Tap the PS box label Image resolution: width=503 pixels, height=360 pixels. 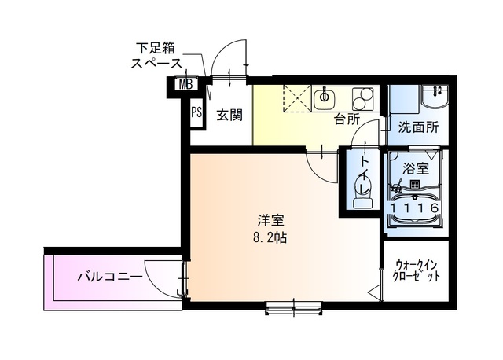pyautogui.click(x=196, y=111)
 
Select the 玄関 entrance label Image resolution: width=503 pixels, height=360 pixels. pyautogui.click(x=229, y=115)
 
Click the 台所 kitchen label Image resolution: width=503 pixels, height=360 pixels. pyautogui.click(x=347, y=119)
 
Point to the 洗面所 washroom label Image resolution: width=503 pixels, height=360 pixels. pyautogui.click(x=417, y=127)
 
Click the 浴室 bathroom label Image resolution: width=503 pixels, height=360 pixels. pyautogui.click(x=414, y=167)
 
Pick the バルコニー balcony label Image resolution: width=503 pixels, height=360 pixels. pyautogui.click(x=109, y=277)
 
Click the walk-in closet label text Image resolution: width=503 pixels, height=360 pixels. pyautogui.click(x=415, y=271)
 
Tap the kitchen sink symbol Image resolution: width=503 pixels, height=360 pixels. pyautogui.click(x=325, y=99)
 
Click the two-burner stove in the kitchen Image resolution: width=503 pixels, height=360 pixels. pyautogui.click(x=363, y=100)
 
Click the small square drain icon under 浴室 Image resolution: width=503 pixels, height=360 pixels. pyautogui.click(x=413, y=186)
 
